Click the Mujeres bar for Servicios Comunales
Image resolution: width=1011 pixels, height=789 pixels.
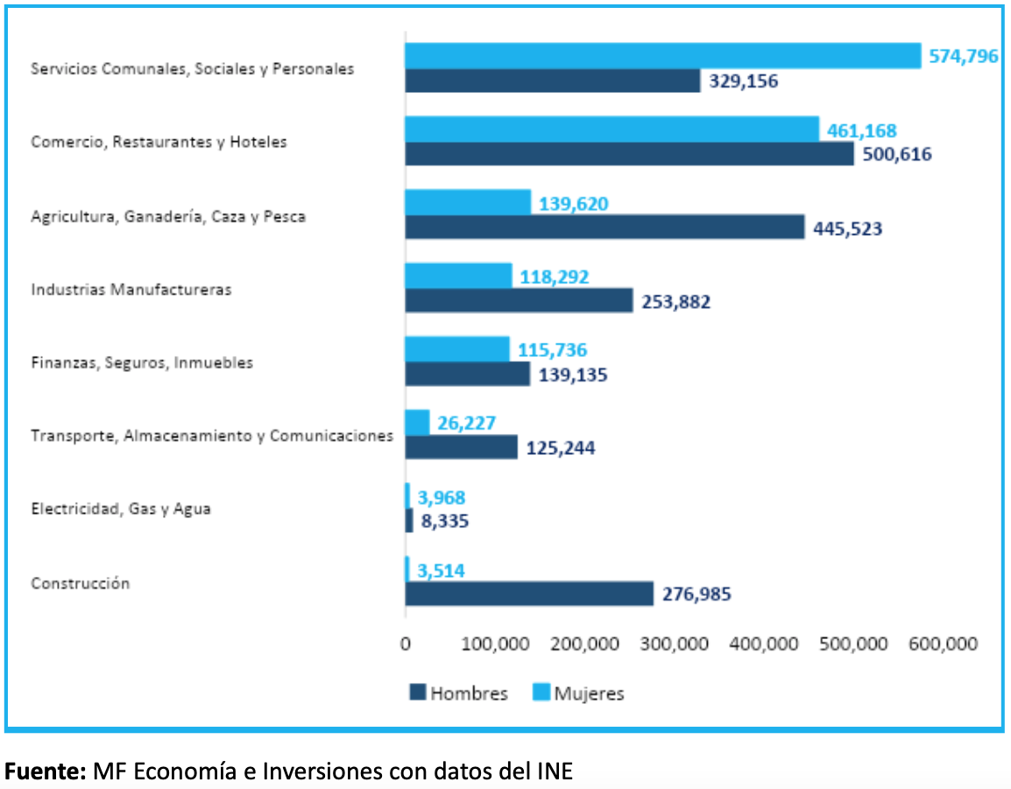pos(662,56)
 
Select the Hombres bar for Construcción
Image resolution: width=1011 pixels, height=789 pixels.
pos(529,594)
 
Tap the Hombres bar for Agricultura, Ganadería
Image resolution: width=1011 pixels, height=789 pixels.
pos(604,227)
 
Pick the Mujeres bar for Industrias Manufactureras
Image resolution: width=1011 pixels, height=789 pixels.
pos(458,276)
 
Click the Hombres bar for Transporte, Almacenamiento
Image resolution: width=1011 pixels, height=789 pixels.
pos(461,447)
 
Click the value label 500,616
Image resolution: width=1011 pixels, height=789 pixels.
pos(897,154)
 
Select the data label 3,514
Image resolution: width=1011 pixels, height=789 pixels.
pos(441,571)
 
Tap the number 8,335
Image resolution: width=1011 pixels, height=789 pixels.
pos(445,521)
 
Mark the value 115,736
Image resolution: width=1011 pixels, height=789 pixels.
pos(552,350)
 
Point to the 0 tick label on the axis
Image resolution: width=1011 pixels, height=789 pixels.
pos(405,644)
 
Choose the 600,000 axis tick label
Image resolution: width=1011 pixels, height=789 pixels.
pos(944,644)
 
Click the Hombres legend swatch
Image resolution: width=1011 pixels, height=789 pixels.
pos(417,693)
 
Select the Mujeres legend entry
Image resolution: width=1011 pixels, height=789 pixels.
pos(579,693)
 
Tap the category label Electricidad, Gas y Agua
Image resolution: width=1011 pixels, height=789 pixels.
pos(121,508)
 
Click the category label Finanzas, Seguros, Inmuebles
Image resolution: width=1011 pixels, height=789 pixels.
pos(142,362)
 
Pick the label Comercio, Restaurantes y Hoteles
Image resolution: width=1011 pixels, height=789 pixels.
pos(159,142)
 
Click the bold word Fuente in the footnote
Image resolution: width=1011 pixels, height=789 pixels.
pos(45,771)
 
